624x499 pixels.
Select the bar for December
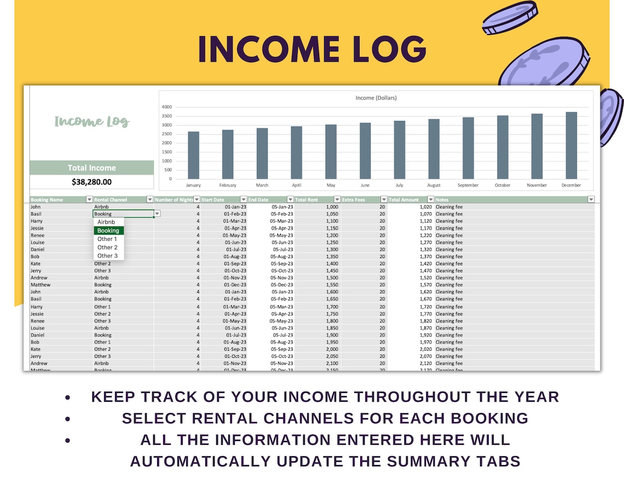click(571, 146)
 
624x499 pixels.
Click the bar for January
click(193, 155)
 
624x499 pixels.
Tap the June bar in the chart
click(365, 150)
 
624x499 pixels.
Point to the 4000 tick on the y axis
click(166, 107)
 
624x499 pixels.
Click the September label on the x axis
click(468, 185)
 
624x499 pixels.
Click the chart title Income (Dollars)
click(376, 98)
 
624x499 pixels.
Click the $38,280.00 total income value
click(91, 182)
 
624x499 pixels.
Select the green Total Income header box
click(91, 168)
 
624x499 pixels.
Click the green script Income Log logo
click(91, 121)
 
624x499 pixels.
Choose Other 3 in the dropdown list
click(108, 256)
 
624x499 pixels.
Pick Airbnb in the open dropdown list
click(106, 222)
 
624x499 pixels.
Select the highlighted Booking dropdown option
click(108, 231)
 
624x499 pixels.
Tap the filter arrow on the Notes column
click(591, 200)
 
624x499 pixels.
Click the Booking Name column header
click(47, 200)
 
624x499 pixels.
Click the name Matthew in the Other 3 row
click(41, 285)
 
